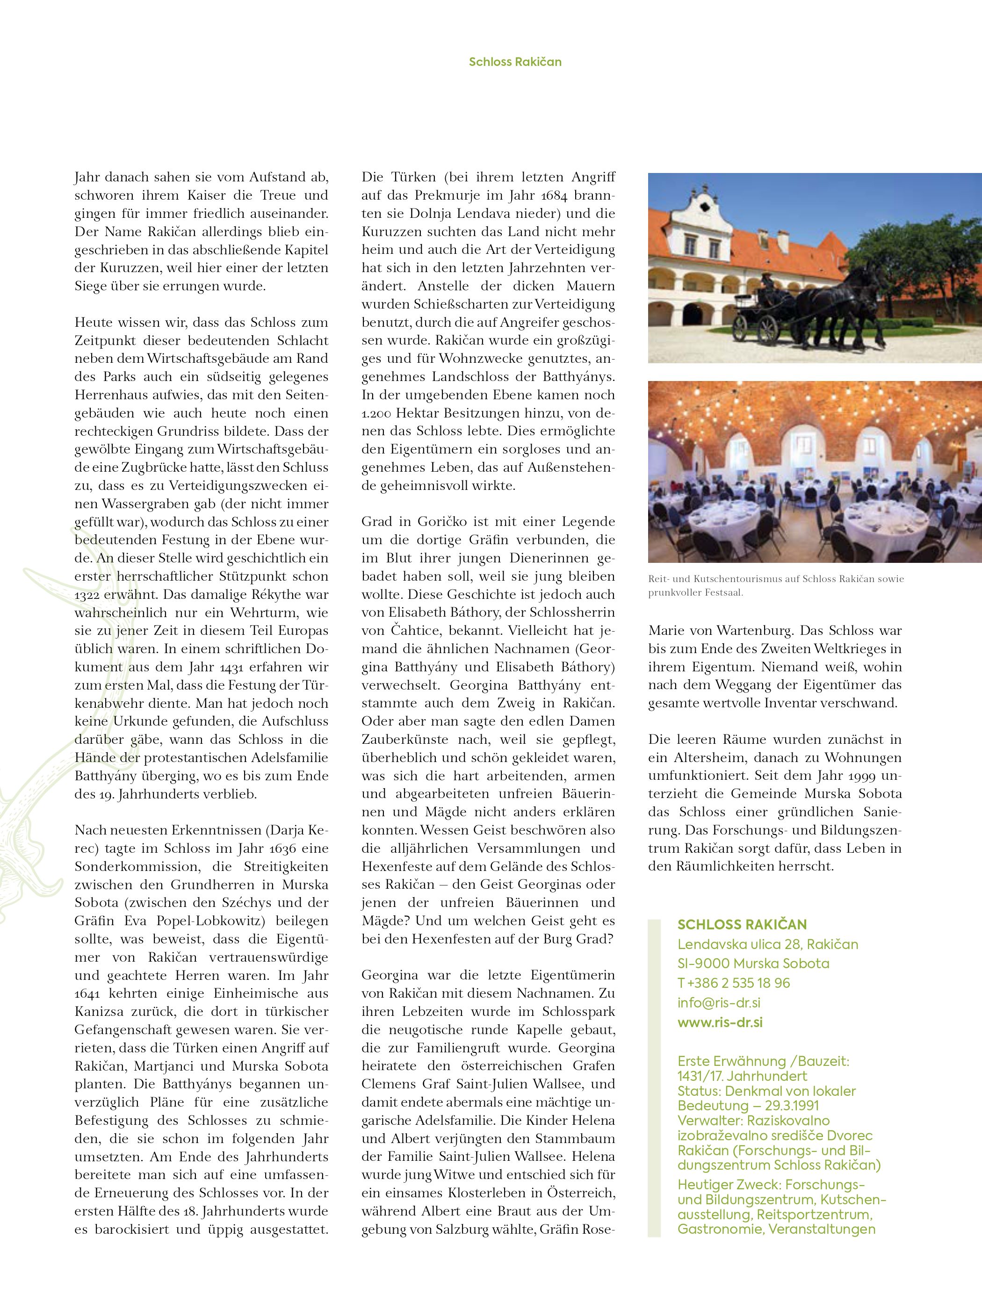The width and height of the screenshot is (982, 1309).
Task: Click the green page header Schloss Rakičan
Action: point(515,62)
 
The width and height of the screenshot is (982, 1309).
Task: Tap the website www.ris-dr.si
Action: point(720,1022)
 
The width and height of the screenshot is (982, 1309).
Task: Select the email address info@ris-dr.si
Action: point(719,1002)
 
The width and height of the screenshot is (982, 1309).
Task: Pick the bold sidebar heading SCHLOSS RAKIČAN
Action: point(742,925)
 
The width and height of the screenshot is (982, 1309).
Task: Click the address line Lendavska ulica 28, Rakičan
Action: point(768,944)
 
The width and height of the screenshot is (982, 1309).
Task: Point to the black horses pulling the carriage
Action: point(840,305)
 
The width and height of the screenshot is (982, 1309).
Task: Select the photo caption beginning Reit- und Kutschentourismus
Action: point(775,585)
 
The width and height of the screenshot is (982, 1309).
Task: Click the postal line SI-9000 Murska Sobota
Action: point(753,964)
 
